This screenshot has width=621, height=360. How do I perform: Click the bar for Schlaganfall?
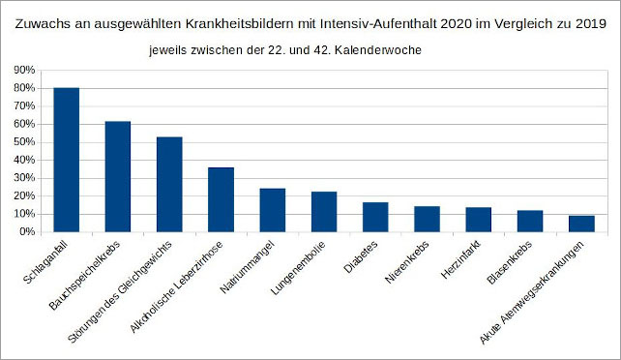[66, 160]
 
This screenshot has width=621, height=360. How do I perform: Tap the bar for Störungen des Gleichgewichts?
[169, 184]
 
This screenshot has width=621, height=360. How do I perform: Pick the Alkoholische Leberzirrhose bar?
[221, 199]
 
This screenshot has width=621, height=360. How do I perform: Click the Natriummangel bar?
[272, 210]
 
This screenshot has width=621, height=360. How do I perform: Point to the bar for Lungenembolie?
[323, 212]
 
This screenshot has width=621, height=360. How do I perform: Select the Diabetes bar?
[375, 217]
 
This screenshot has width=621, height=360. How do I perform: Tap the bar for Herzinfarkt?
[478, 220]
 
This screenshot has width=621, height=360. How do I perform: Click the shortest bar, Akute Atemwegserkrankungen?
[581, 224]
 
